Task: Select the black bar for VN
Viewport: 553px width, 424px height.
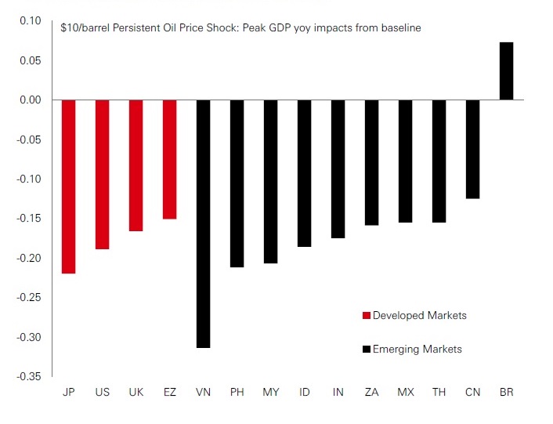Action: (203, 223)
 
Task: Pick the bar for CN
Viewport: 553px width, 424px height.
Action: (472, 149)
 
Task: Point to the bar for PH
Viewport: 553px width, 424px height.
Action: (237, 183)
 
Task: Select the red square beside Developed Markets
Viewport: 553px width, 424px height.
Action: (366, 316)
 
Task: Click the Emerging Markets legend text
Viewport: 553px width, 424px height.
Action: (417, 350)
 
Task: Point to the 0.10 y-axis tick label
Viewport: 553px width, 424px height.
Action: (30, 20)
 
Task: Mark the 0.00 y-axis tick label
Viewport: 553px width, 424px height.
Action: (30, 100)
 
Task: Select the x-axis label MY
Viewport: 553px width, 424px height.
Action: (270, 392)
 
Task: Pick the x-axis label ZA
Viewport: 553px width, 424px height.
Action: (371, 392)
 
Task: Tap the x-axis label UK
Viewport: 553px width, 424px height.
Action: (136, 392)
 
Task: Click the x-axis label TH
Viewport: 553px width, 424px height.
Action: (439, 392)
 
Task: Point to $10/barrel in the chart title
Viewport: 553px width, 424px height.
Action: (87, 28)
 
